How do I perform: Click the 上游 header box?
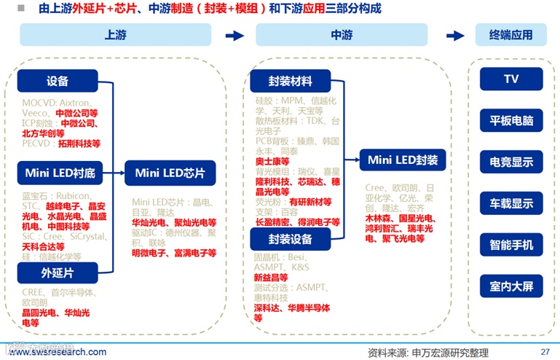(115, 35)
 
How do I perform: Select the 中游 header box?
(342, 35)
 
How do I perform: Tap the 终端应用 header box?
(510, 35)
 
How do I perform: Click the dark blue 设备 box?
(58, 81)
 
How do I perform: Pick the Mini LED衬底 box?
(60, 173)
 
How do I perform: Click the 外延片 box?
(58, 273)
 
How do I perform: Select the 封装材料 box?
(290, 81)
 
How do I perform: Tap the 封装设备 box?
(290, 238)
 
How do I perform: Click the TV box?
(510, 79)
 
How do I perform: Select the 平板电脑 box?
(510, 120)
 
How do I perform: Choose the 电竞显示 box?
(510, 162)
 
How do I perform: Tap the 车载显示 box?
(510, 203)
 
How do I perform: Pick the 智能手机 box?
(510, 245)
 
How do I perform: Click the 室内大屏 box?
(510, 286)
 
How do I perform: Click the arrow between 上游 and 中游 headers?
(234, 35)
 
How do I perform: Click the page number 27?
(545, 351)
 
